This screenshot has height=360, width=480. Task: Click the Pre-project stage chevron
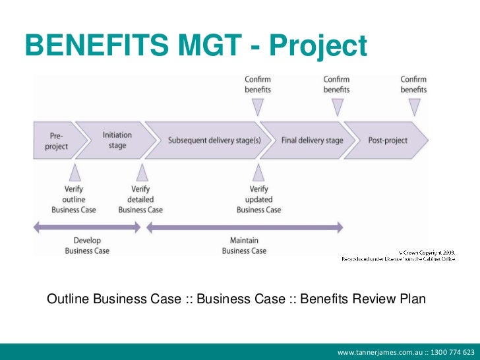(x=56, y=140)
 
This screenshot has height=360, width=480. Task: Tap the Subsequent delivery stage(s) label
(x=204, y=140)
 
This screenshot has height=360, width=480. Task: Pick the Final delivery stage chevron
(x=312, y=140)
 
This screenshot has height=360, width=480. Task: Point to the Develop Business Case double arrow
(x=87, y=227)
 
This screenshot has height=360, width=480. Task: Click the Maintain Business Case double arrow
(x=244, y=227)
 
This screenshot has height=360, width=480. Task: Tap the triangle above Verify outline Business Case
(x=75, y=173)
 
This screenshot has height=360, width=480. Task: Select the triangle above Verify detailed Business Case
(x=140, y=173)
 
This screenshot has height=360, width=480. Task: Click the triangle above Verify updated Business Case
(x=258, y=173)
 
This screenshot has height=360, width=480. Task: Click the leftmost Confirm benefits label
(x=258, y=84)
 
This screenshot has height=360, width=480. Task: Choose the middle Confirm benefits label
(x=336, y=84)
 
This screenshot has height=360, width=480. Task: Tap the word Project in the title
(x=318, y=45)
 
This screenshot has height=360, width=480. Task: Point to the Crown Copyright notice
(x=407, y=255)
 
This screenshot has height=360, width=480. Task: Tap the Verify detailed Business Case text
(x=140, y=199)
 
